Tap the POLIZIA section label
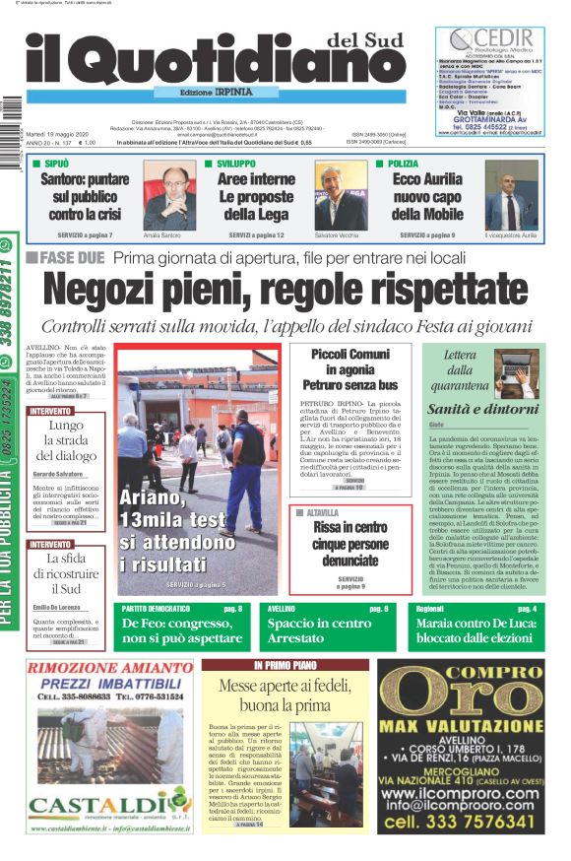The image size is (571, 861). tap(403, 164)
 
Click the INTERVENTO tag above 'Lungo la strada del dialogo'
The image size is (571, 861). tap(50, 411)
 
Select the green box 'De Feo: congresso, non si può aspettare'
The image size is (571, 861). tap(181, 630)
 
